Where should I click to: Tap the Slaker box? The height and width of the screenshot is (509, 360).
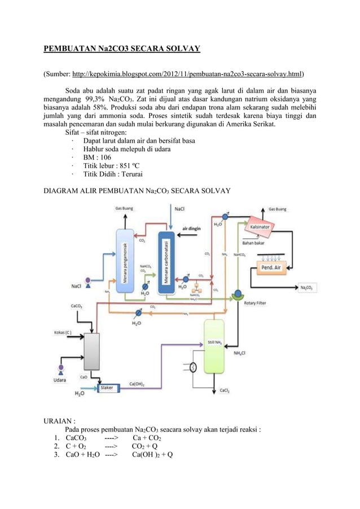[x=107, y=388]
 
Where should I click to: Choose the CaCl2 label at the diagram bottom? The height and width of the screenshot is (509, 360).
[x=224, y=390]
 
